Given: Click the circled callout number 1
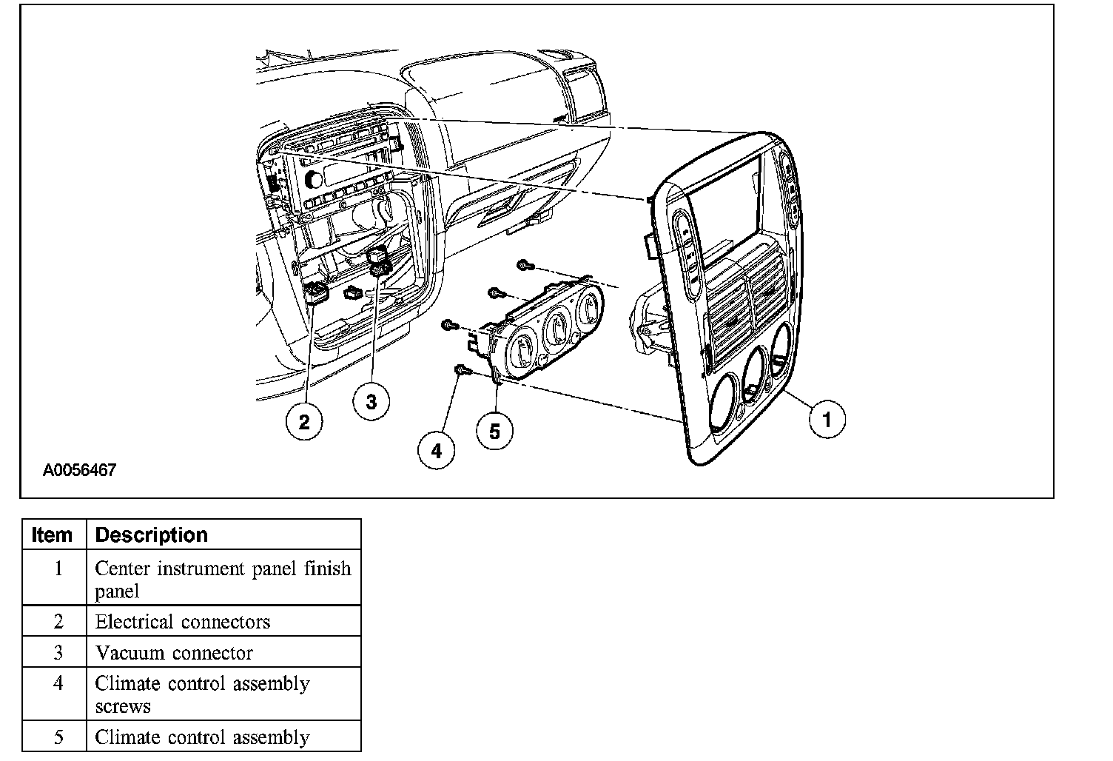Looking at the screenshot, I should (827, 420).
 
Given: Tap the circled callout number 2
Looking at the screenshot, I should (304, 422).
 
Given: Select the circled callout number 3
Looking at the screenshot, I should (371, 402).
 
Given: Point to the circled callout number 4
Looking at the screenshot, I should (436, 450).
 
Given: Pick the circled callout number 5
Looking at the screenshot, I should (494, 431).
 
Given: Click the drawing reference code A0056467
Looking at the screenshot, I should (79, 470).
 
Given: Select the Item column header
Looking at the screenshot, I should (53, 534).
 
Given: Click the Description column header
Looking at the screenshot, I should (152, 534).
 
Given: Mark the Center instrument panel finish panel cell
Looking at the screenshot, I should (222, 580).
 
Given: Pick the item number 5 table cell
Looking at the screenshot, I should (58, 737).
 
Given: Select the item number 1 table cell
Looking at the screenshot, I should (58, 569).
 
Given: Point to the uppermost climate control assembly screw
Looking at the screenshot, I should (524, 264).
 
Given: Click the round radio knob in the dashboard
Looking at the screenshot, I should (314, 178).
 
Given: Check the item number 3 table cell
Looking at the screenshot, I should (58, 653).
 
